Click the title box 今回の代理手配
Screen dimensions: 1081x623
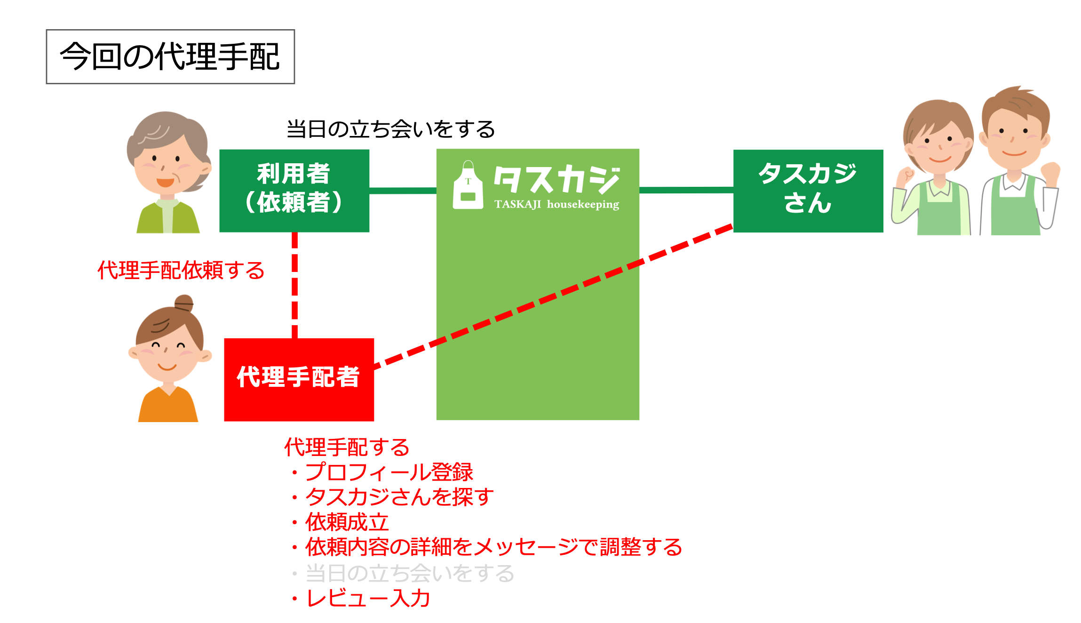(x=170, y=57)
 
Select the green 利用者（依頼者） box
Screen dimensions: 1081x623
(x=294, y=191)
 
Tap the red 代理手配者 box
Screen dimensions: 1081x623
(x=299, y=379)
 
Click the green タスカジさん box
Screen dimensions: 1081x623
(x=808, y=191)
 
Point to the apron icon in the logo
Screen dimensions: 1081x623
(x=468, y=186)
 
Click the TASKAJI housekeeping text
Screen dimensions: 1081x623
(x=556, y=205)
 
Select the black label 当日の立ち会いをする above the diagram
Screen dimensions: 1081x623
(x=390, y=129)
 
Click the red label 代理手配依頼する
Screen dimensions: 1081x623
(x=181, y=271)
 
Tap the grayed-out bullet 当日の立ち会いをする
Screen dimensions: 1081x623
(x=409, y=573)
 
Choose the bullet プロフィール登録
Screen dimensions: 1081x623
(x=389, y=472)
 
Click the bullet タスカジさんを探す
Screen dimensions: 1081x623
(x=399, y=497)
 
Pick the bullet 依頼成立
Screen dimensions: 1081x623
(x=347, y=522)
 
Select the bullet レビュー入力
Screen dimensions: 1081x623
(x=368, y=599)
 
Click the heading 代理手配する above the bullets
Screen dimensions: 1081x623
(x=347, y=447)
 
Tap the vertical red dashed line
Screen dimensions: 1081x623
(x=295, y=285)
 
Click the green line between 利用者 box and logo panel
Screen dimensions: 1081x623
(x=403, y=191)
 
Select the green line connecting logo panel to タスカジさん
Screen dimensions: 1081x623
(x=686, y=190)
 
